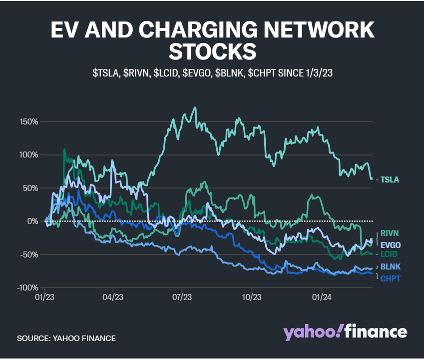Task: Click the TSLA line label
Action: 390,179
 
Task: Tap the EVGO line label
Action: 391,245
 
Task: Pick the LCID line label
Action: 390,254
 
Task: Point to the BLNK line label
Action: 391,266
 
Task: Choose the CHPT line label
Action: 391,278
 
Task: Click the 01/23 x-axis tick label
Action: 44,297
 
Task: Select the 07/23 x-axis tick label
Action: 182,297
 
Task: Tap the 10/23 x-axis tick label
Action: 251,297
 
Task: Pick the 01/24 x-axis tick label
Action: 321,297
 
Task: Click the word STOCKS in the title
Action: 212,51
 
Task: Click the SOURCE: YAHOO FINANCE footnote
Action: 66,338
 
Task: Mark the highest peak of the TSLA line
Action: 194,107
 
